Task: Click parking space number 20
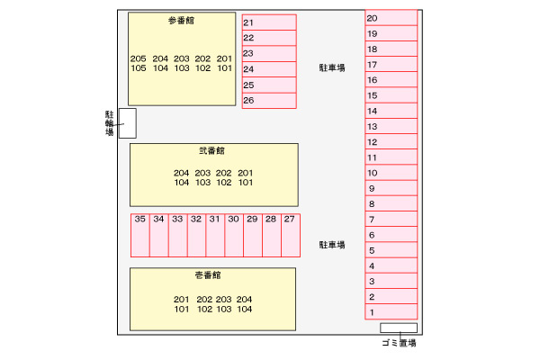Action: (391, 18)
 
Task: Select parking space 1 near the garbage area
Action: (391, 311)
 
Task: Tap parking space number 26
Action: (269, 101)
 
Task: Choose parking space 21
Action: (269, 22)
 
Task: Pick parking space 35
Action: (140, 235)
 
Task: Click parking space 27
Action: (291, 235)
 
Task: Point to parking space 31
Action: (215, 235)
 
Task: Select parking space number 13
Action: (391, 126)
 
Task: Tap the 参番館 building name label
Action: (181, 21)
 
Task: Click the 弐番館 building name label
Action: (211, 151)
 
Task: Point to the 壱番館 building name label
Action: (208, 275)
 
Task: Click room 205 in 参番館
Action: (138, 58)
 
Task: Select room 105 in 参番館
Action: (139, 68)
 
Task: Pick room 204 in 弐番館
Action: (181, 173)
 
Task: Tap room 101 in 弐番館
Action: (246, 183)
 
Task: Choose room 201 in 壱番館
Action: (181, 300)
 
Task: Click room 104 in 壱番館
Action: (245, 309)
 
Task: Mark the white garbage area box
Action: (399, 328)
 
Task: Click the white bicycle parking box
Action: (128, 123)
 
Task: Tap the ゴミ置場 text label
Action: (399, 343)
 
